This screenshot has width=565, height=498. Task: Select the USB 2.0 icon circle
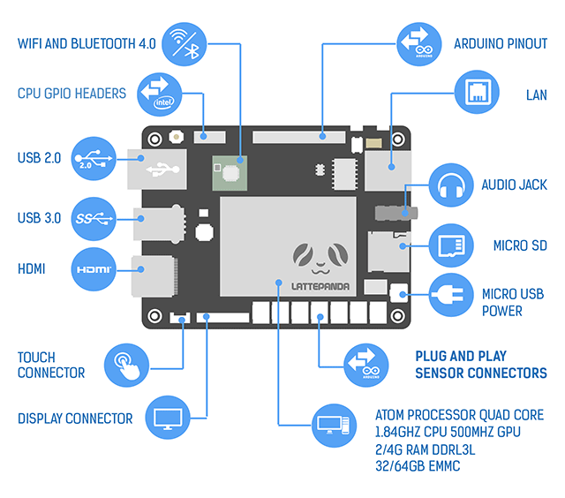(96, 159)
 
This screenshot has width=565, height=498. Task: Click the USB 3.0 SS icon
(96, 217)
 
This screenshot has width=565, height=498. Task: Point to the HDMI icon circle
(96, 268)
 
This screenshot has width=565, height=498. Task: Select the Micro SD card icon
(451, 245)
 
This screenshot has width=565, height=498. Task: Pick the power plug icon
(451, 295)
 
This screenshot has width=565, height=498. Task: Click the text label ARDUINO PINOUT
(500, 43)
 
